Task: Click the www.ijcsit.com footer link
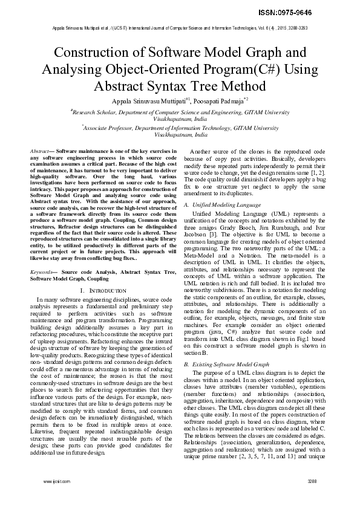(53, 498)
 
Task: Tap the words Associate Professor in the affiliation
(108, 128)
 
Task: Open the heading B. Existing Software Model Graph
(226, 365)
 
